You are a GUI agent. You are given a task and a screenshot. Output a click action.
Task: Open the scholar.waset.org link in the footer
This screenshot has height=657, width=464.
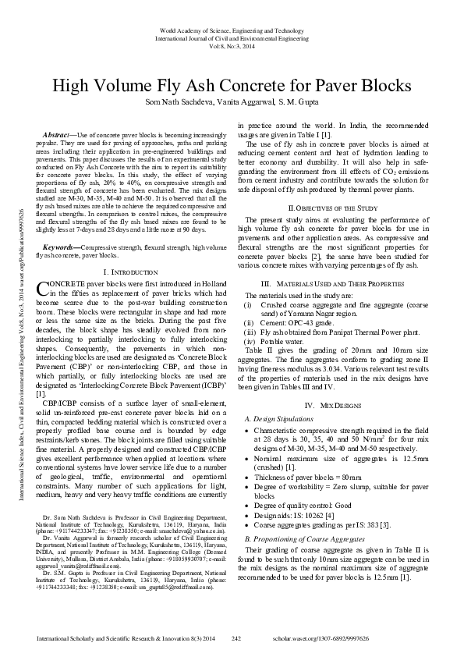pyautogui.click(x=372, y=639)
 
